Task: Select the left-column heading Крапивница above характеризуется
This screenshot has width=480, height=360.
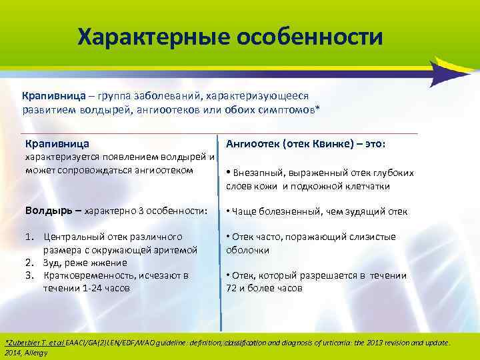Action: click(57, 143)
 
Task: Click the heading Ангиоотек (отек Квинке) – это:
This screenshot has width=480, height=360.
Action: click(310, 143)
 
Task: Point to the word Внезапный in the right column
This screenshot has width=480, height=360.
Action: click(255, 173)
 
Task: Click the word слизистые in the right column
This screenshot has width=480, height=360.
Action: click(373, 237)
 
